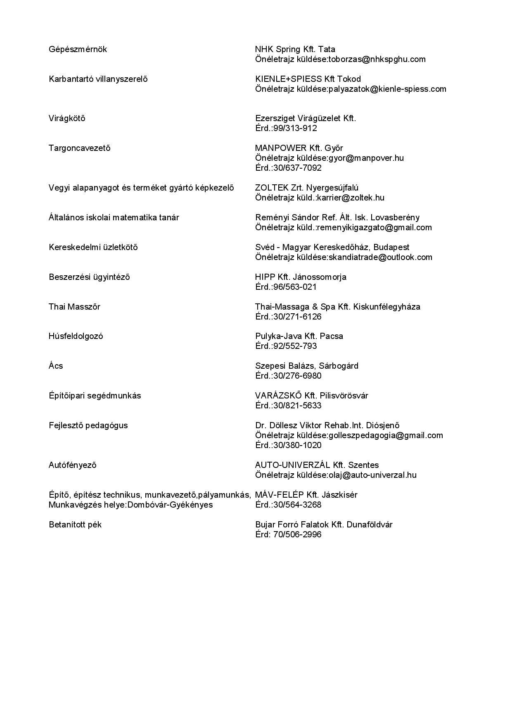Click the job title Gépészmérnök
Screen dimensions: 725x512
click(78, 50)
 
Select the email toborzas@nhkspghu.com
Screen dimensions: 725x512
click(377, 60)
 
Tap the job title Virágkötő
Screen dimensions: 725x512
click(67, 119)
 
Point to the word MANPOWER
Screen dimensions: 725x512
click(281, 148)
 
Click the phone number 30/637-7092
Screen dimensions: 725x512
click(297, 168)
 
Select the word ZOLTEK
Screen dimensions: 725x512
click(272, 188)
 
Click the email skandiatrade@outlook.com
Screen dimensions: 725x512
click(380, 258)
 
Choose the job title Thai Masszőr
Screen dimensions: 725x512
click(74, 307)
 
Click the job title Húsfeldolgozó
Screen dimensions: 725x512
click(76, 336)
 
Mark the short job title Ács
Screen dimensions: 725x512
click(56, 366)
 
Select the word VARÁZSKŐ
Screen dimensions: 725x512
click(275, 396)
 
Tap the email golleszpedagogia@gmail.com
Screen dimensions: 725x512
click(386, 436)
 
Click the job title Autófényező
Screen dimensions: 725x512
click(73, 465)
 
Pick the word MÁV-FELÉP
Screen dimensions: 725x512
click(280, 495)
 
